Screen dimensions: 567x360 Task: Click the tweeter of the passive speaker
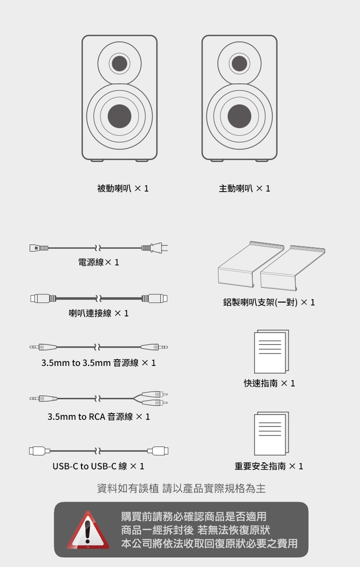119,63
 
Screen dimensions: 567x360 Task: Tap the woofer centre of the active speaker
239,115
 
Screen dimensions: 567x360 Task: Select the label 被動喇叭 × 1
123,188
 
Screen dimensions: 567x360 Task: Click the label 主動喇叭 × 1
244,188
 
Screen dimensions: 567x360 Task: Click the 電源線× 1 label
99,263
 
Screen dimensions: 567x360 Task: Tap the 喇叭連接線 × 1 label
99,313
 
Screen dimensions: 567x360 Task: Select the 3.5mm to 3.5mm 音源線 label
99,363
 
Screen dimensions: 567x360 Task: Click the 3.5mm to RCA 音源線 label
99,416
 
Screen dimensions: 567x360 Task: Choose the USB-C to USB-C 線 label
98,466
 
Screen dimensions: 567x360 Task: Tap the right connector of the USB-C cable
159,450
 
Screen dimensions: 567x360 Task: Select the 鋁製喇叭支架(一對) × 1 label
269,303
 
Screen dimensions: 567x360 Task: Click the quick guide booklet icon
271,352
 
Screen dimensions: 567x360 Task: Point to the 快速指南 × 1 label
269,383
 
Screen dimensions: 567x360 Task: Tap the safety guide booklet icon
271,433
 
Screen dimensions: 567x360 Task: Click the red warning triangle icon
87,529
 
